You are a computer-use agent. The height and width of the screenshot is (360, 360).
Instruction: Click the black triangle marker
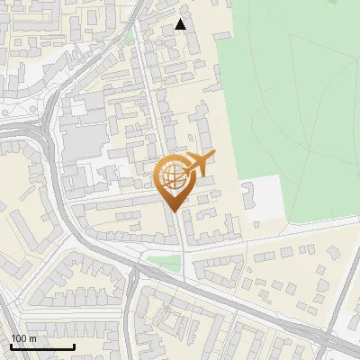click(181, 24)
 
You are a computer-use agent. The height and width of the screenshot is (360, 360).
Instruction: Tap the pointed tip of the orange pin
click(173, 211)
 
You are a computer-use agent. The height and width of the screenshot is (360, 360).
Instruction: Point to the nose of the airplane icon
click(214, 155)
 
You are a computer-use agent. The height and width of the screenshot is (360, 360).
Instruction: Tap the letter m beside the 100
click(32, 338)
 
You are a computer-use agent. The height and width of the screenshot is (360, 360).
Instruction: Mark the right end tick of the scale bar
click(74, 345)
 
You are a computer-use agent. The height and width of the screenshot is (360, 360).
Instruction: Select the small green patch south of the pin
click(164, 262)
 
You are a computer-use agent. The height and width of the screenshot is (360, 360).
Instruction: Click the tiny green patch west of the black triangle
click(129, 36)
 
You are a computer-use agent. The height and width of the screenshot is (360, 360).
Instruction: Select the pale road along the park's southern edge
click(297, 229)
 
